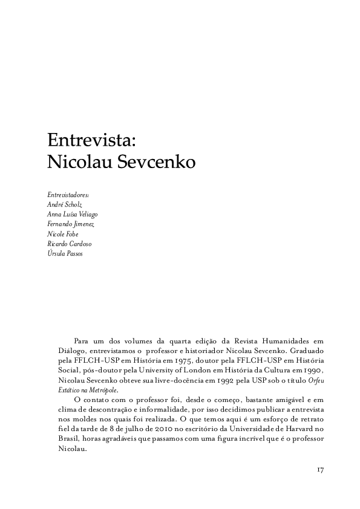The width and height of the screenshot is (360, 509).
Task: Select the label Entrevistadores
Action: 68,195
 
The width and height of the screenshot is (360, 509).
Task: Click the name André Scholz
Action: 65,204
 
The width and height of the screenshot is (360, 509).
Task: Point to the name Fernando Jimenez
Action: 70,224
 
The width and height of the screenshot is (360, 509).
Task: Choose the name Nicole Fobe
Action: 63,233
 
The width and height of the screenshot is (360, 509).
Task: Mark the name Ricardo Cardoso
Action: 69,243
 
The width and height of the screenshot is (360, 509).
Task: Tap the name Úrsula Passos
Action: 65,253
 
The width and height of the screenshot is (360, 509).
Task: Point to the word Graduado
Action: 310,351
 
